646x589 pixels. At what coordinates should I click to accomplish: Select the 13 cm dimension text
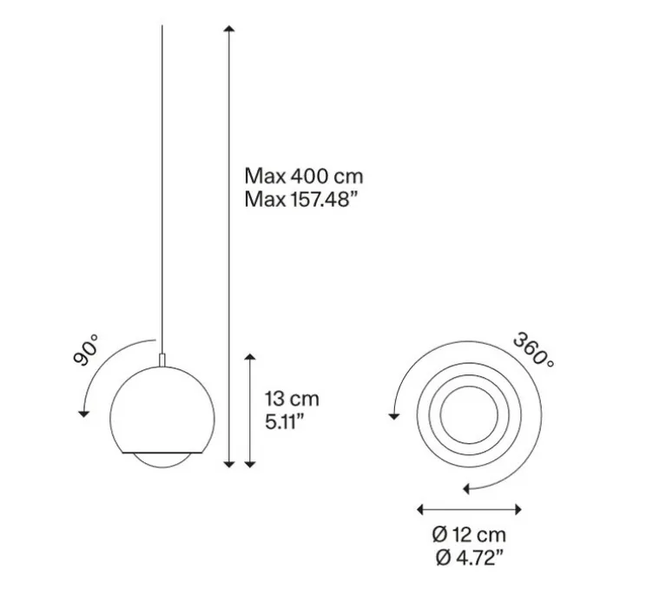click(x=292, y=400)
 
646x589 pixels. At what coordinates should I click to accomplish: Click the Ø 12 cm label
click(x=468, y=535)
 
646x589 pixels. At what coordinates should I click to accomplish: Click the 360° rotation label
click(x=532, y=350)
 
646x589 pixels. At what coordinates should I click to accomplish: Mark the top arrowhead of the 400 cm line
click(x=228, y=31)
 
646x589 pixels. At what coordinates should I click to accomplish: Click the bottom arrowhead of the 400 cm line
click(x=228, y=463)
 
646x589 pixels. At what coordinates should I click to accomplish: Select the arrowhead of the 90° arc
click(x=83, y=413)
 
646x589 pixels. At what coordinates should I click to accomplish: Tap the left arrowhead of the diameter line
click(x=420, y=509)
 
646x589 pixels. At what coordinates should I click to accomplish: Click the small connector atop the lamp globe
click(x=162, y=357)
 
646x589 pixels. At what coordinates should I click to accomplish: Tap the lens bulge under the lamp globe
click(x=162, y=460)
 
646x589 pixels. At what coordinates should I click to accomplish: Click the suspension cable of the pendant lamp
click(x=162, y=174)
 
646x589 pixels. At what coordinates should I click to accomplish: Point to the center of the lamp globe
click(x=162, y=408)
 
